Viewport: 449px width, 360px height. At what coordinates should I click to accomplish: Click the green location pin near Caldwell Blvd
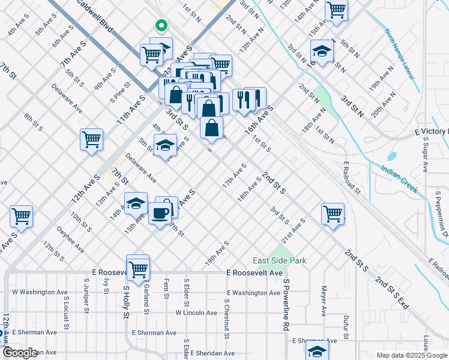[x=160, y=25]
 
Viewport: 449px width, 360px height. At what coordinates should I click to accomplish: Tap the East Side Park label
[x=280, y=260]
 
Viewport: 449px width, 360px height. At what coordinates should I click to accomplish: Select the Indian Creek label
[x=399, y=179]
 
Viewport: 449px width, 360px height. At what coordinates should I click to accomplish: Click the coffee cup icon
[x=160, y=214]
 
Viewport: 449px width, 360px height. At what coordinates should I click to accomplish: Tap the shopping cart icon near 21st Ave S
[x=333, y=213]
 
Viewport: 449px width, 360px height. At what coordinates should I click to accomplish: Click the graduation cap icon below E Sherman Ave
[x=318, y=351]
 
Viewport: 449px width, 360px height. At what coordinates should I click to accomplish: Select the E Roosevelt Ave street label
[x=255, y=272]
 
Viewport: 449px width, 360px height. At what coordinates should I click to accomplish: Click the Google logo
[x=20, y=353]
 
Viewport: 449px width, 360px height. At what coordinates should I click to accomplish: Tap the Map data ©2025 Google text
[x=412, y=355]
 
